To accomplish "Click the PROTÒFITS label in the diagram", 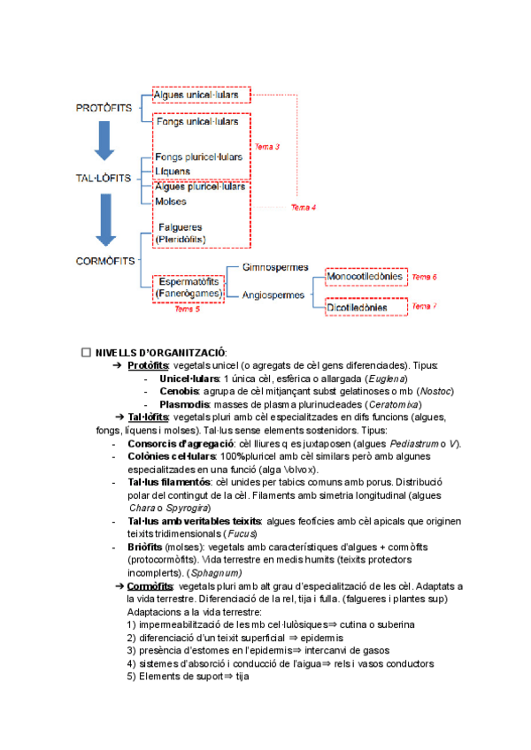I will [x=104, y=108].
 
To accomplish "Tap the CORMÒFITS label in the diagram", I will [x=104, y=261].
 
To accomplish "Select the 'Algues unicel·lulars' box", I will [x=201, y=95].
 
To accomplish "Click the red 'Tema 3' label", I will [x=266, y=146].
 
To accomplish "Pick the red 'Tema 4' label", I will [x=304, y=207].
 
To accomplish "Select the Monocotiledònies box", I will [x=366, y=278].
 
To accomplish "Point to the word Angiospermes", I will [x=273, y=295].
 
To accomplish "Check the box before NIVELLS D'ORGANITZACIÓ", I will [x=86, y=352].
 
